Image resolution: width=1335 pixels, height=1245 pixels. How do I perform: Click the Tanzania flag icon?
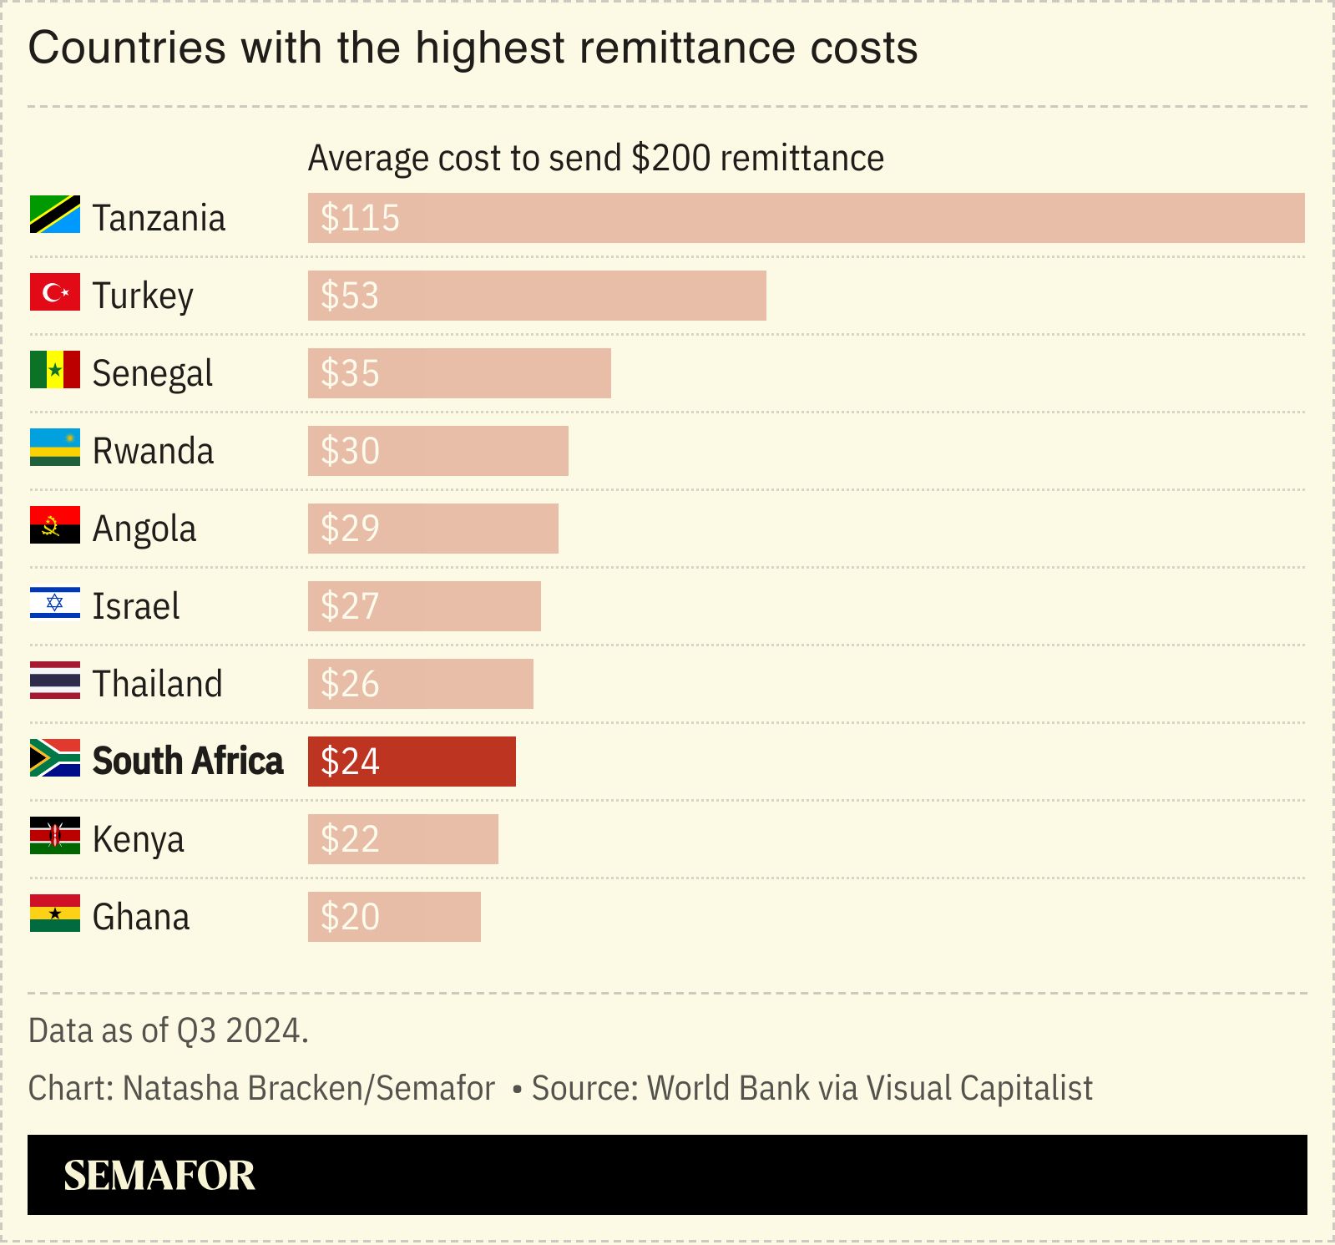point(55,215)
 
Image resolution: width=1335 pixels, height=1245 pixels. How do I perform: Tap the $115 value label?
point(360,218)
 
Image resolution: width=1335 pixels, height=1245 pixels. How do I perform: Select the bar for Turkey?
point(536,296)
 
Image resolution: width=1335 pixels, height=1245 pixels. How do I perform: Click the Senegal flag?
point(55,370)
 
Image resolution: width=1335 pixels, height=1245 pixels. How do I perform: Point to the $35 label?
point(350,373)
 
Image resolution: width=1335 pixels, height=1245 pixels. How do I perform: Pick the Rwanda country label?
point(153,451)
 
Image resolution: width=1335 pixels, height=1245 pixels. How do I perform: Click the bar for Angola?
point(432,529)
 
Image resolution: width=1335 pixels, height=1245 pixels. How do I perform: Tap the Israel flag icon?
point(55,603)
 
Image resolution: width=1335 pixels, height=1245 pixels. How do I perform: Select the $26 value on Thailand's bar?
point(350,684)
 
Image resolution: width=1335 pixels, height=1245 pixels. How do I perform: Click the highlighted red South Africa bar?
point(412,762)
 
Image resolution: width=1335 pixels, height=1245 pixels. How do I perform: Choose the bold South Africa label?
point(188,762)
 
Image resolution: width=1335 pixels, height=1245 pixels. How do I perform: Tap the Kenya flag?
point(55,836)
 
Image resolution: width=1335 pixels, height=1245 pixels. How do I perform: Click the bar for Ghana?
point(394,917)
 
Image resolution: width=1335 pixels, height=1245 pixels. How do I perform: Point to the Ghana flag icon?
point(55,914)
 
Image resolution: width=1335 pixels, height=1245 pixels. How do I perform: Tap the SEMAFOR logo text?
point(159,1175)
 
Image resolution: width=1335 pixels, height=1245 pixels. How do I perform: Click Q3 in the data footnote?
point(197,1030)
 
